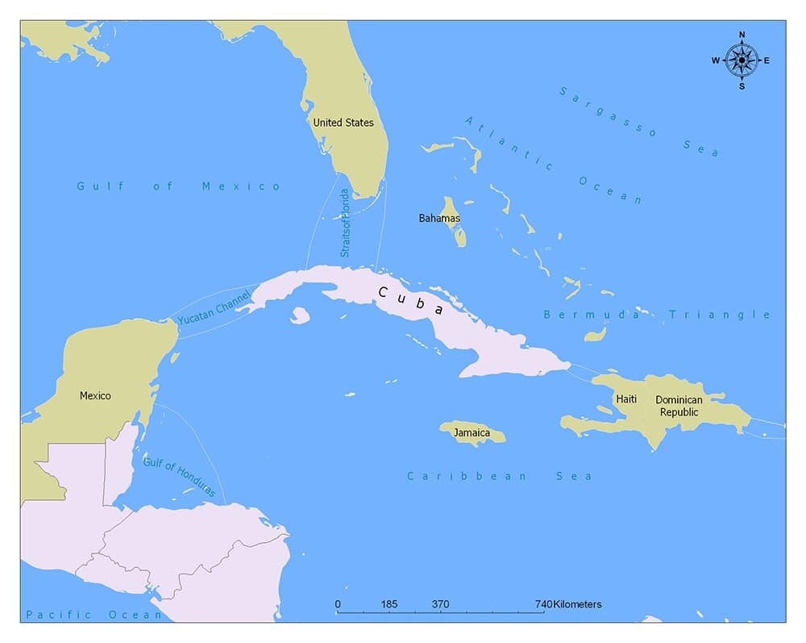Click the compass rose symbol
coord(742,61)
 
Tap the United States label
coord(343,123)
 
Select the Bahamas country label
coord(439,218)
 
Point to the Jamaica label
coord(472,433)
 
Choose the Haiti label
coord(626,399)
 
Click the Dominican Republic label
coord(678,406)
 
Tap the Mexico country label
coord(95,395)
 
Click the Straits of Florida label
coord(345,223)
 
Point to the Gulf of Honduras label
coord(179,476)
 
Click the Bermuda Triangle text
coord(657,315)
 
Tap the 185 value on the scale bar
coord(389,604)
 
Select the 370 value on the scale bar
coord(440,604)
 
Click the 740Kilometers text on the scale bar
coord(567,604)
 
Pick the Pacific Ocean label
coord(93,615)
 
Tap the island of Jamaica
coord(472,433)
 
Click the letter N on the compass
coord(742,35)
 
